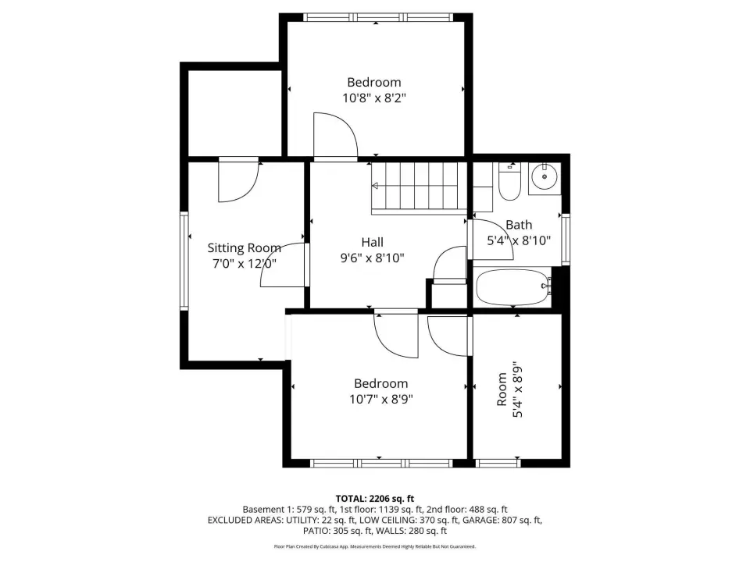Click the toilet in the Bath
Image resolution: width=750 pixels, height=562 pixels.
point(509,182)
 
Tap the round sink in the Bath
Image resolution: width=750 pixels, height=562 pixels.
point(545,177)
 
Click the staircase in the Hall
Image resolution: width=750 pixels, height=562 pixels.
point(419,186)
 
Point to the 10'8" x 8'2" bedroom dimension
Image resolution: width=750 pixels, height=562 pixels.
point(374,98)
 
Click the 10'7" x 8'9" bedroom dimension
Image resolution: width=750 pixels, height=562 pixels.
point(380,399)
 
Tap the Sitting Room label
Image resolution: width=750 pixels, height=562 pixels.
point(244,248)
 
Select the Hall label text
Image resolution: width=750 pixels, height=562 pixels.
point(372,242)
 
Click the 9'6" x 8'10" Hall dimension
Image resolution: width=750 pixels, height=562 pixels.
point(372,258)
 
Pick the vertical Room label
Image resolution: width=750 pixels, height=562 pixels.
point(502,389)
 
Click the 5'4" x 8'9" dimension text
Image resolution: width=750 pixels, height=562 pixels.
point(517,389)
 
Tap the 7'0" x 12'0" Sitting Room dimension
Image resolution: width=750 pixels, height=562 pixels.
point(244,263)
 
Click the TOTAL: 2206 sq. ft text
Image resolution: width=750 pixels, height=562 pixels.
point(374,499)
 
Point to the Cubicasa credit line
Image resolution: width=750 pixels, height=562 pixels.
point(374,546)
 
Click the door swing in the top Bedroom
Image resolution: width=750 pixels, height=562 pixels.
point(335,134)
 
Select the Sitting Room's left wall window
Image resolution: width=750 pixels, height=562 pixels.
point(184,261)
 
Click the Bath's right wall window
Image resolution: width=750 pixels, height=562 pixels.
point(566,240)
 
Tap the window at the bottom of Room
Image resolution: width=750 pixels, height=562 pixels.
point(498,463)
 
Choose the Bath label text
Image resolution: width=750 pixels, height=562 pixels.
point(519,225)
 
